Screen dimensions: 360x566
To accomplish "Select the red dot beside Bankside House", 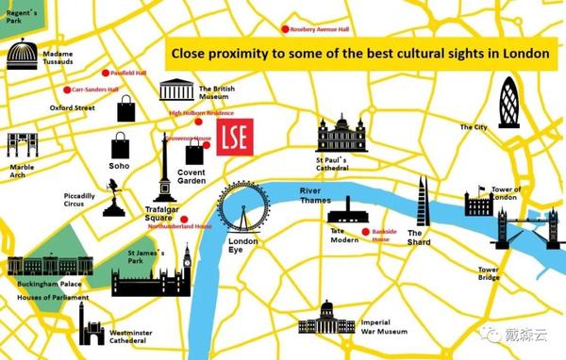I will (x=364, y=232).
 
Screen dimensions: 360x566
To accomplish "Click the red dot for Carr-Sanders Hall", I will (x=67, y=90).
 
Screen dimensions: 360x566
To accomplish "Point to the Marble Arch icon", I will (x=21, y=146).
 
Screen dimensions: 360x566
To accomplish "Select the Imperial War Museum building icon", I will (x=326, y=320).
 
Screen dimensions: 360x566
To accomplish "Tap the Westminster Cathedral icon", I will (x=92, y=325).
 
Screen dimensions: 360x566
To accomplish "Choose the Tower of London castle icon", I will (x=476, y=205).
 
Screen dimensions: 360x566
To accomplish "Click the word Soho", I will (x=119, y=166).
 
